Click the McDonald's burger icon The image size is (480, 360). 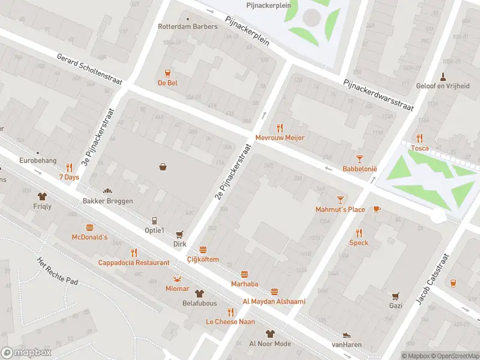pyautogui.click(x=90, y=227)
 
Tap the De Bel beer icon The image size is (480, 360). pyautogui.click(x=167, y=72)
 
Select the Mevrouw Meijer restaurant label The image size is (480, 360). pyautogui.click(x=280, y=138)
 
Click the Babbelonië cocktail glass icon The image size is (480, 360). pyautogui.click(x=359, y=158)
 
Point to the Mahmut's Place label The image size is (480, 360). pyautogui.click(x=340, y=209)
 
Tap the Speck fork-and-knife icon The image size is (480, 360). pyautogui.click(x=359, y=233)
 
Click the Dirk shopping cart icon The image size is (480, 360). pyautogui.click(x=179, y=235)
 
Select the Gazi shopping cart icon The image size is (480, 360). pyautogui.click(x=395, y=296)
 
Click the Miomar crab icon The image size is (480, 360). pyautogui.click(x=177, y=278)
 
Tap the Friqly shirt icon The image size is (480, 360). pyautogui.click(x=42, y=196)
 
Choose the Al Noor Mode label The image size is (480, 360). pyautogui.click(x=269, y=344)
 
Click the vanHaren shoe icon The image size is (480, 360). pyautogui.click(x=346, y=335)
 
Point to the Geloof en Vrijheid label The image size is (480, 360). pyautogui.click(x=443, y=86)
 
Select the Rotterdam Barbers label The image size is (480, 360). pyautogui.click(x=187, y=26)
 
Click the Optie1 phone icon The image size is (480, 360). pyautogui.click(x=154, y=220)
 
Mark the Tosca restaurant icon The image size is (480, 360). pyautogui.click(x=419, y=138)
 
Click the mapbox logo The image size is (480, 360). pyautogui.click(x=27, y=352)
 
